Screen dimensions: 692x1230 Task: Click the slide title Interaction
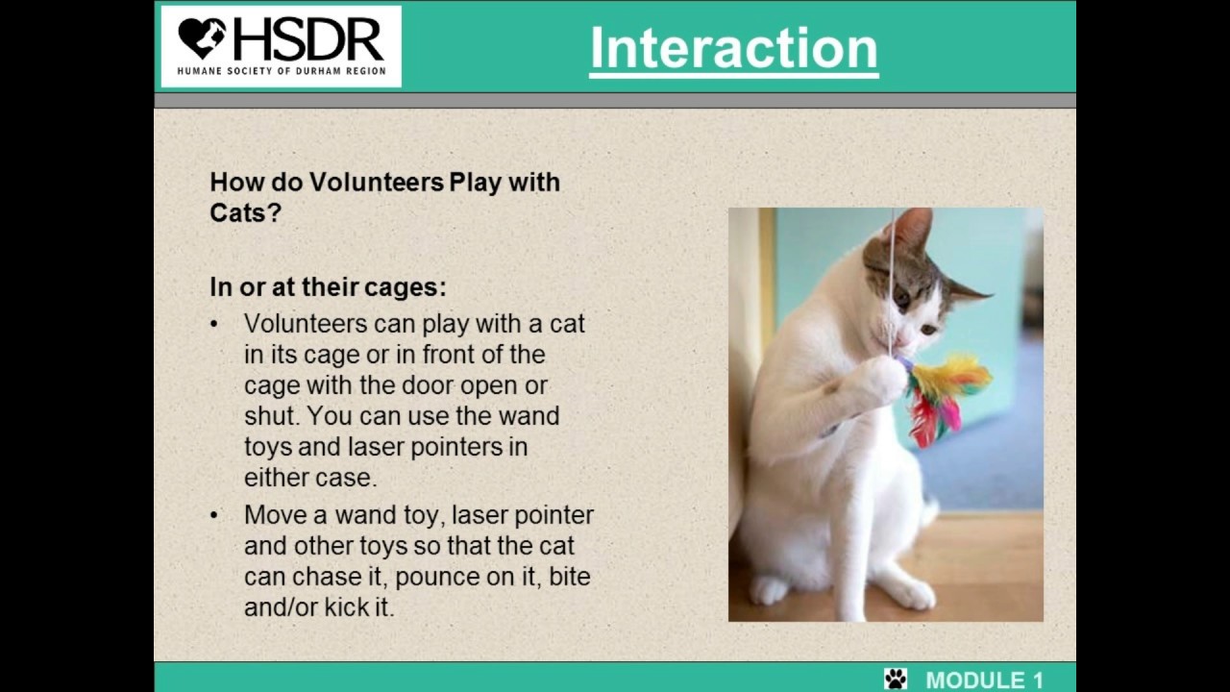733,48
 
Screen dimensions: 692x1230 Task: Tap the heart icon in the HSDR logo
202,38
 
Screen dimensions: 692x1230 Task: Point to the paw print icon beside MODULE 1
896,679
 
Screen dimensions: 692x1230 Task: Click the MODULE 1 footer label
984,680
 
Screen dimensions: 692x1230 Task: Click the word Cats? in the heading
245,212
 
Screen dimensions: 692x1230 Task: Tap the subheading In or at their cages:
328,287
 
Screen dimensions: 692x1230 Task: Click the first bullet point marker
214,324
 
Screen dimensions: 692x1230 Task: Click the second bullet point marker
214,515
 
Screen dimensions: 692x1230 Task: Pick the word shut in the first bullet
269,416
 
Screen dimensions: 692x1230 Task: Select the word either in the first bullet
274,478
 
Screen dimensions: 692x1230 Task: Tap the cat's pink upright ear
912,231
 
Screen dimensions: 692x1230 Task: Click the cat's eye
902,299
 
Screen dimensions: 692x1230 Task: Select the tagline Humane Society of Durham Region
282,71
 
